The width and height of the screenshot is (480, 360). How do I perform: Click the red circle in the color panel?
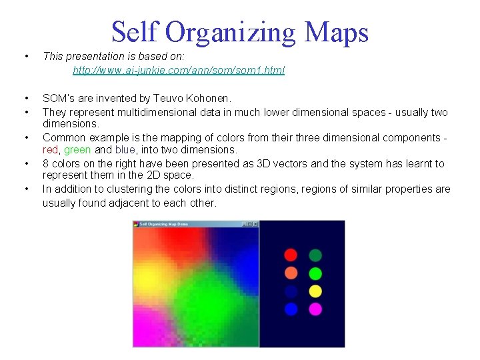click(x=291, y=255)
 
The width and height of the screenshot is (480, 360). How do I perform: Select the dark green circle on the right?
click(x=315, y=255)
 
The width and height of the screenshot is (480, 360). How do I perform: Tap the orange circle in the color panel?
click(x=291, y=273)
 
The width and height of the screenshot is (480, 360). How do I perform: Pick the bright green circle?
click(x=315, y=273)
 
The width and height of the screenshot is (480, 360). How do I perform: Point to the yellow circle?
click(x=315, y=291)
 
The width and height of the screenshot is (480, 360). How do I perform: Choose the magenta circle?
click(x=315, y=309)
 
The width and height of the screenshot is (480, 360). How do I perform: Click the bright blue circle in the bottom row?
click(x=291, y=309)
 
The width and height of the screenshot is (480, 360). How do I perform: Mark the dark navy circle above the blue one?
click(x=291, y=291)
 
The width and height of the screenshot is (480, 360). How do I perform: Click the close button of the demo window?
click(x=255, y=224)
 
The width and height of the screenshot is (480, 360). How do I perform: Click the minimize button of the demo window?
click(x=245, y=224)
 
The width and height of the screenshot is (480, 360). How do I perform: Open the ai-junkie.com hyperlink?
click(x=178, y=70)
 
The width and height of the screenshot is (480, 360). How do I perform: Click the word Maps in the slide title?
click(x=335, y=32)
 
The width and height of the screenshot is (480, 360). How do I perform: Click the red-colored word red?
click(x=51, y=150)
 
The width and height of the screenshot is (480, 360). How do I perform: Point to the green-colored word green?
click(x=77, y=150)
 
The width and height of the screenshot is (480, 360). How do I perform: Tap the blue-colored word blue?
click(x=125, y=150)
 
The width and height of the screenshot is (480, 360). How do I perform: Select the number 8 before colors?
click(x=45, y=163)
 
